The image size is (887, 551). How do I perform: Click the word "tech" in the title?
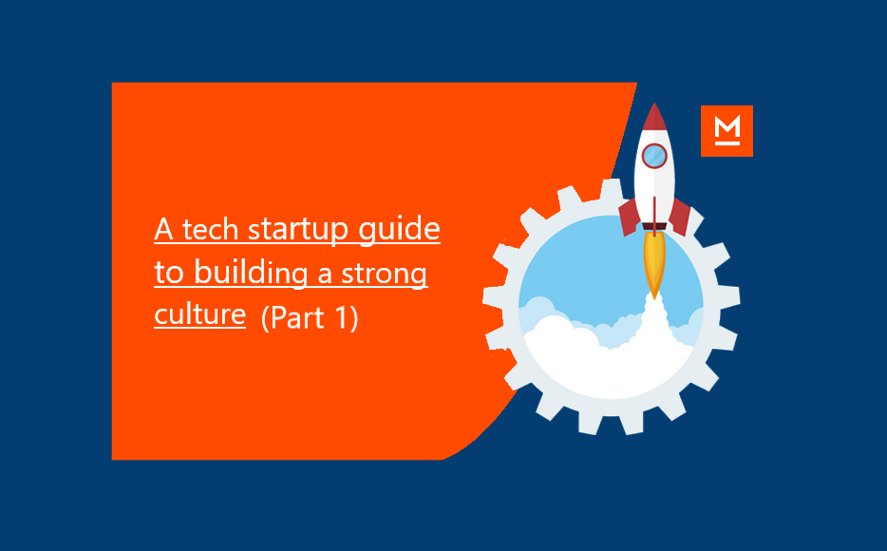coord(210,230)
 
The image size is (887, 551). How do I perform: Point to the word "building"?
coord(251,273)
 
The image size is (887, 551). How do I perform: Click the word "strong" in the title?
coord(384,275)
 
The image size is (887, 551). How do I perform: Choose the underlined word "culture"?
coord(199,314)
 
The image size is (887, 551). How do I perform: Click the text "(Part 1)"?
coord(310,317)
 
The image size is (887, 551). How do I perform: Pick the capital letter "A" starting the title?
coord(163,230)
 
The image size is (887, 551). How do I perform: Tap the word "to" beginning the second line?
coord(169,273)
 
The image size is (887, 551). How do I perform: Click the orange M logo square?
coord(727,131)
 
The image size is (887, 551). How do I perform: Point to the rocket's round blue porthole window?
coord(654,156)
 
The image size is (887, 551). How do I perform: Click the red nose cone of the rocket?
coord(654,117)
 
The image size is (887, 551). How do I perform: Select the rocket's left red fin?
coord(630,217)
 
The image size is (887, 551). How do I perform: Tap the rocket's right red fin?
coord(680,217)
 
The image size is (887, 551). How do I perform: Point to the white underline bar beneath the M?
coord(727,143)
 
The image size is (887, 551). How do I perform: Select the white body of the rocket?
coord(654,176)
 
